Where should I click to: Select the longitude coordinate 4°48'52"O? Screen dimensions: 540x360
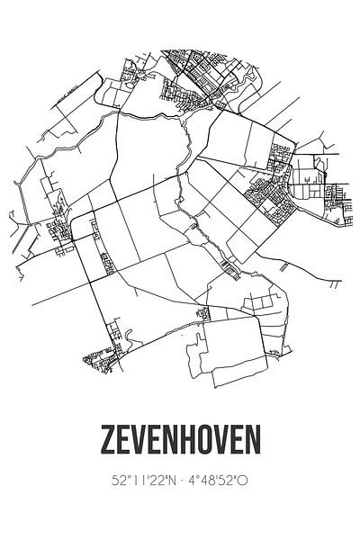[217, 481]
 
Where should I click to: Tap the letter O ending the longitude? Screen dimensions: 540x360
[243, 481]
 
